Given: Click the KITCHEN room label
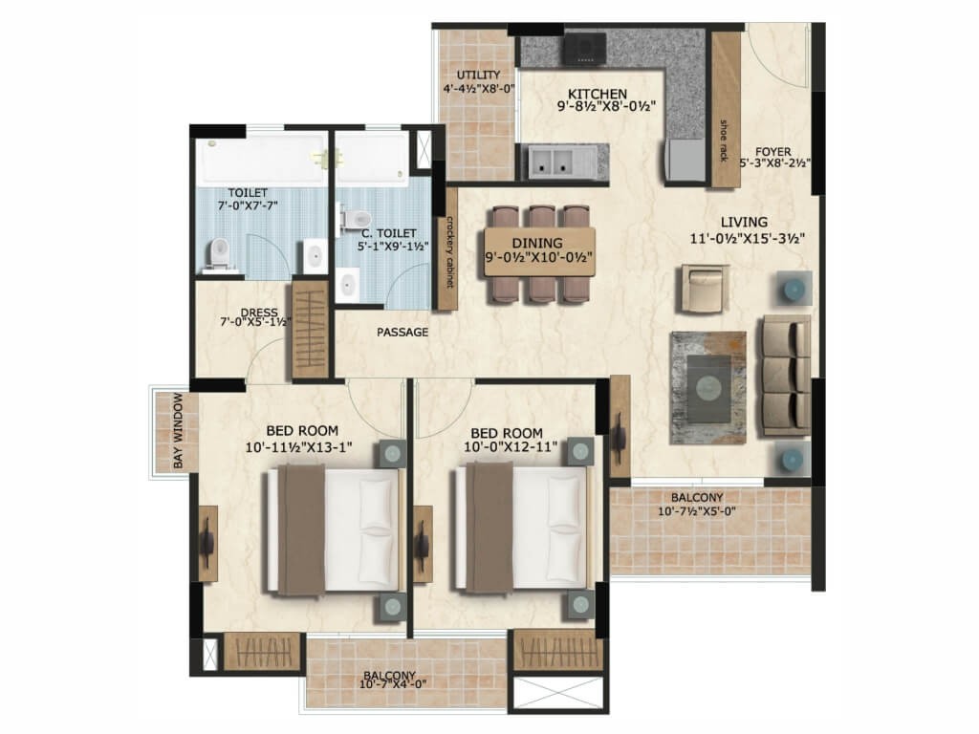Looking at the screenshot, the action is click(598, 95).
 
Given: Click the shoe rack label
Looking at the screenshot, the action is click(725, 140).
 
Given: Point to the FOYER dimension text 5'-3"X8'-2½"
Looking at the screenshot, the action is click(774, 163).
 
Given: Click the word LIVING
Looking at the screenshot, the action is click(744, 222).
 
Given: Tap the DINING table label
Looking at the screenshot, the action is click(537, 244).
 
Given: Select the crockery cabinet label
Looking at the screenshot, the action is click(447, 252).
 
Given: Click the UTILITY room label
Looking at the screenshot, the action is click(478, 75).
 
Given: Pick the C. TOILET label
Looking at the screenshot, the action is click(389, 233).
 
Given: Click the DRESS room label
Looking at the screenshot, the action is click(259, 313).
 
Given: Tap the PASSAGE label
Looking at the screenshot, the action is click(402, 332).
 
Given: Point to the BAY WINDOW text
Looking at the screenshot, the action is click(179, 431).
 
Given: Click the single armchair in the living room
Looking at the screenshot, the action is click(705, 288).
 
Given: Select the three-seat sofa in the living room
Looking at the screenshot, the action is click(786, 376).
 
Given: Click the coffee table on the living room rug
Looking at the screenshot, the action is click(708, 387).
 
